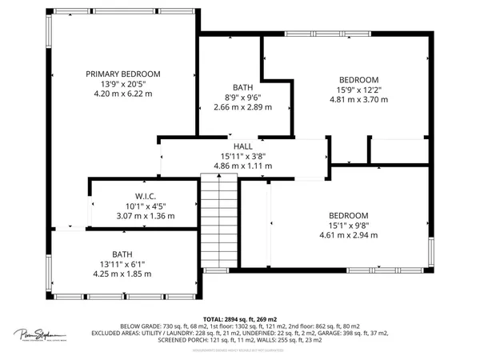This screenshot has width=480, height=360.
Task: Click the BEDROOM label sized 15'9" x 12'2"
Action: (358, 80)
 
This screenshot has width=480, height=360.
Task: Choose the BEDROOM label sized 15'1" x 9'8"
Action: (347, 216)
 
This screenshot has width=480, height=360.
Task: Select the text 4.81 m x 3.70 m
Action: (358, 100)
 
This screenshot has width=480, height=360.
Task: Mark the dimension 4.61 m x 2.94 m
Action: (347, 235)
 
